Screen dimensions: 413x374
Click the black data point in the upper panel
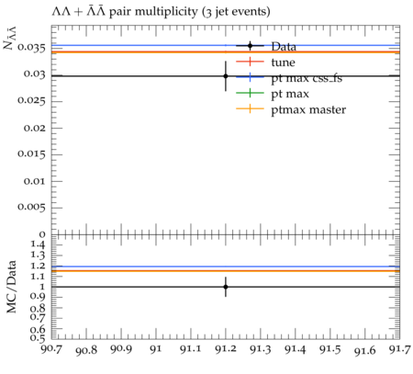pos(226,76)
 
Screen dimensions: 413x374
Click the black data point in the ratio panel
pos(226,287)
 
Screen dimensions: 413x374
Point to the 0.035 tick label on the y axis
pos(31,48)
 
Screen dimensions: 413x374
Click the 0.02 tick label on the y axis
pos(35,128)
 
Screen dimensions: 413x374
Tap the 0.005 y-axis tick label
pos(31,208)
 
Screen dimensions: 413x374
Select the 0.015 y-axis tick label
pos(31,154)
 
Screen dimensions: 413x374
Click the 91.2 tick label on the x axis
pos(226,349)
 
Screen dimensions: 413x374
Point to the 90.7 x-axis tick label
pos(51,349)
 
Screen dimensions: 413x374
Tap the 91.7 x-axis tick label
pos(399,349)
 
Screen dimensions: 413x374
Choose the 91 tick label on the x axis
pos(156,349)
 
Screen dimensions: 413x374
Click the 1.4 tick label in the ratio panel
pos(38,245)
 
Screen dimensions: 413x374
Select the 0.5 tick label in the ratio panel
pos(38,338)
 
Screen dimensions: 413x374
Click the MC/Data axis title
pos(11,287)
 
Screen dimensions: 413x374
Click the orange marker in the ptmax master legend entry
pos(250,108)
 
